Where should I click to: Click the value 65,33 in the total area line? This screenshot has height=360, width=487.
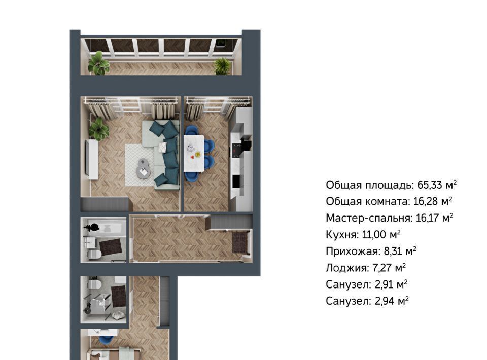430,185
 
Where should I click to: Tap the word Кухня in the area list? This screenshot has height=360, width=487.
341,235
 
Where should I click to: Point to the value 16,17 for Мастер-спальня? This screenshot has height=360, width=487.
427,218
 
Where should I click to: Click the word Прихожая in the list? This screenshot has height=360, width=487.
351,251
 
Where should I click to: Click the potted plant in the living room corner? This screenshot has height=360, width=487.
99,129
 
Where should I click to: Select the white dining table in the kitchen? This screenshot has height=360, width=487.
194,153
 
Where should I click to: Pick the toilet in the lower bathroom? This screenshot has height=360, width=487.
94,283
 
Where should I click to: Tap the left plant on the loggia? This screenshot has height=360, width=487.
99,63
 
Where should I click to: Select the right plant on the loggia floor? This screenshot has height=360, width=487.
222,66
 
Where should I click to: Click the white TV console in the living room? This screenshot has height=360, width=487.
92,160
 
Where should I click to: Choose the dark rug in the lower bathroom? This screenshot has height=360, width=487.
119,295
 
